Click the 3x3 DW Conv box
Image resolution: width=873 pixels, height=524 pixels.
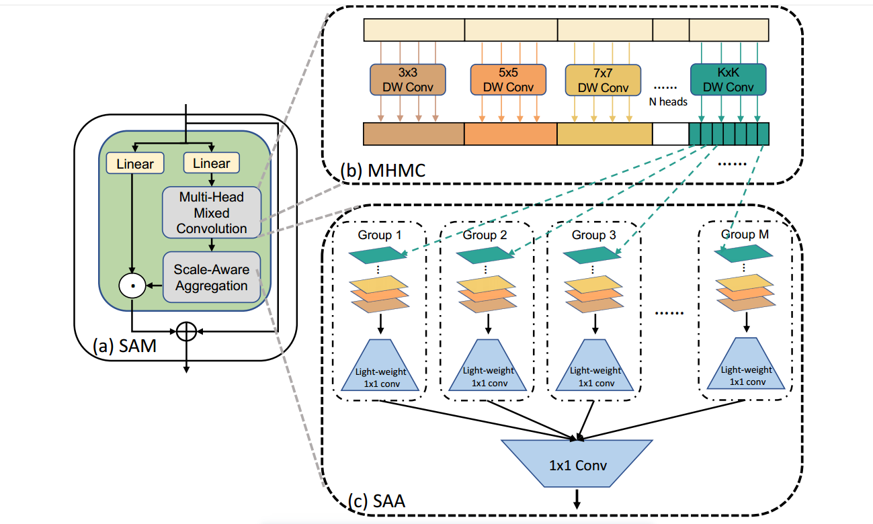(408, 79)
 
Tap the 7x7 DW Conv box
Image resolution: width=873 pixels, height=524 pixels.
(603, 80)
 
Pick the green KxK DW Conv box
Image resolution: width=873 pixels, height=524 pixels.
(729, 79)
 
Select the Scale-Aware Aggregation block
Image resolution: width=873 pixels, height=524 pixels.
(212, 277)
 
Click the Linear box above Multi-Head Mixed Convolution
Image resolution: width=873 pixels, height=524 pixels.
(212, 163)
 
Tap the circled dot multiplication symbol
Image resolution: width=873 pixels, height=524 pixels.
(133, 286)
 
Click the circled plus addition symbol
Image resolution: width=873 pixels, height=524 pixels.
(186, 331)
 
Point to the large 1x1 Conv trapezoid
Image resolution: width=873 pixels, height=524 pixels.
(577, 464)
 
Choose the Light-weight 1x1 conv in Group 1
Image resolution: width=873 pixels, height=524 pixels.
(380, 370)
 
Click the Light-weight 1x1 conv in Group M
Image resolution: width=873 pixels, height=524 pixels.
(746, 370)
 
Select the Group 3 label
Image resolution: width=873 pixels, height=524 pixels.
(593, 235)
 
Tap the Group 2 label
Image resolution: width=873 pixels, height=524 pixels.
(485, 235)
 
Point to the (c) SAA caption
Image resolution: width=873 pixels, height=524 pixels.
(376, 501)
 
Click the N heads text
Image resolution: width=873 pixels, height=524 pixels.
(668, 102)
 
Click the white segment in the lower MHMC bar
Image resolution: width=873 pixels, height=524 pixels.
(671, 134)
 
